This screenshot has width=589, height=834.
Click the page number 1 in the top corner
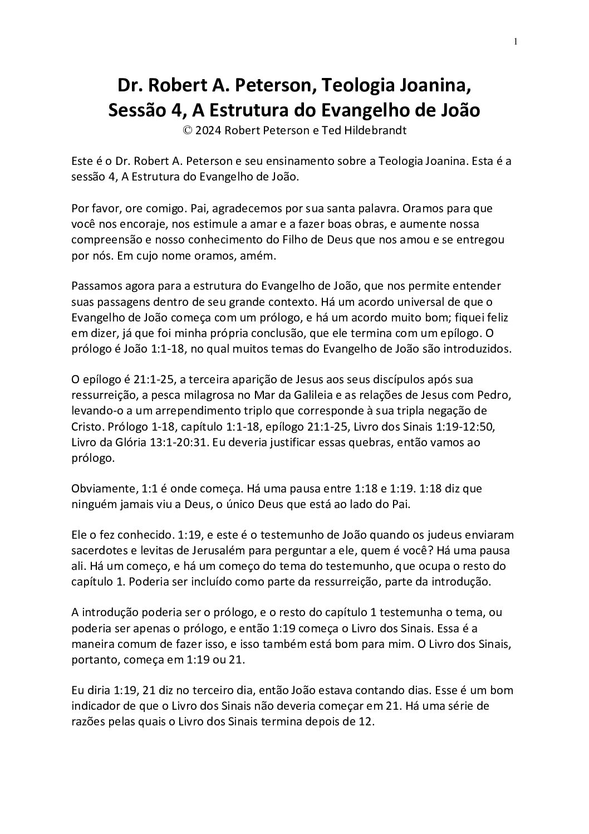click(x=516, y=41)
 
